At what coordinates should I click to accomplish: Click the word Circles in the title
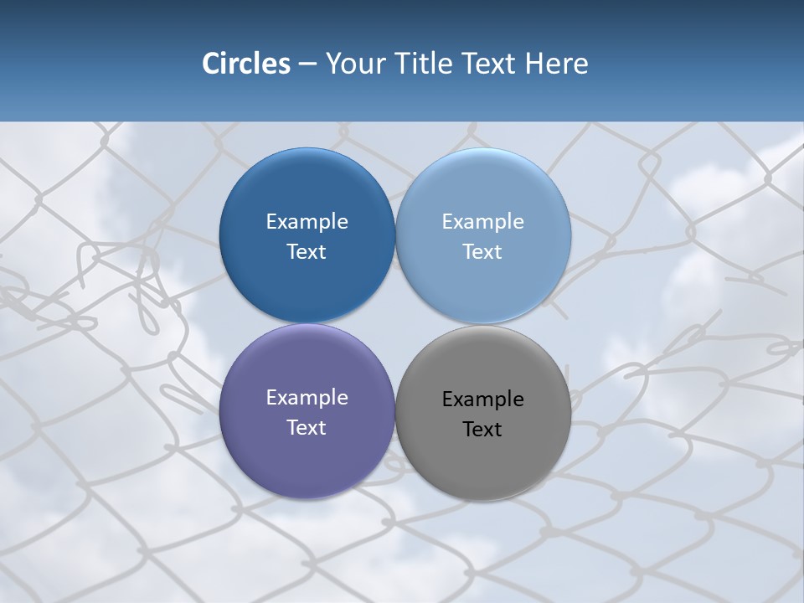(246, 64)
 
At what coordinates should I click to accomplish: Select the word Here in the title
(556, 64)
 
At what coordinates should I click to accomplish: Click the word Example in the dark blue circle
(307, 222)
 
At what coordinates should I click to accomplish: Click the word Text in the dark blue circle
(307, 252)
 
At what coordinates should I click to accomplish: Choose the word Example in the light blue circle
(482, 222)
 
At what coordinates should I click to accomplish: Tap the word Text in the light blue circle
(482, 252)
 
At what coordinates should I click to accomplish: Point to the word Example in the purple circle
(307, 398)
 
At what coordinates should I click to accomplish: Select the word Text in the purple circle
(307, 428)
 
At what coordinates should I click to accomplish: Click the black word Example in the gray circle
(482, 399)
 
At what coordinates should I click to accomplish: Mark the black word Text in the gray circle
(482, 430)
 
